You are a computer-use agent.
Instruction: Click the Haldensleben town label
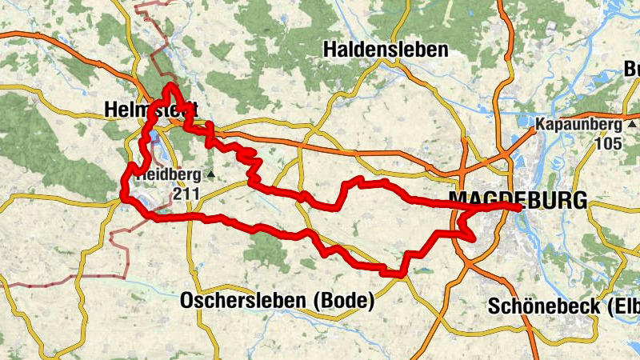[x=386, y=50]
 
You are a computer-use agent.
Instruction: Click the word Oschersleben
[x=245, y=302]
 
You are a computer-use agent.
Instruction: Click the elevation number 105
[x=608, y=143]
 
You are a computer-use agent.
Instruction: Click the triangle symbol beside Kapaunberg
[x=632, y=125]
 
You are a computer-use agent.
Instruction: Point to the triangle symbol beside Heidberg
[x=210, y=174]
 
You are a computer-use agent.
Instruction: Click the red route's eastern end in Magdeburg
[x=520, y=207]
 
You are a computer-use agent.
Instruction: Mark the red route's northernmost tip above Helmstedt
[x=170, y=85]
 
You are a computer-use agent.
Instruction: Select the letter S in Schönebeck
[x=494, y=306]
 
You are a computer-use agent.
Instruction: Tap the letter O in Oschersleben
[x=188, y=302]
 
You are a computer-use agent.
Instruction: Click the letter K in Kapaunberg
[x=541, y=125]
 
